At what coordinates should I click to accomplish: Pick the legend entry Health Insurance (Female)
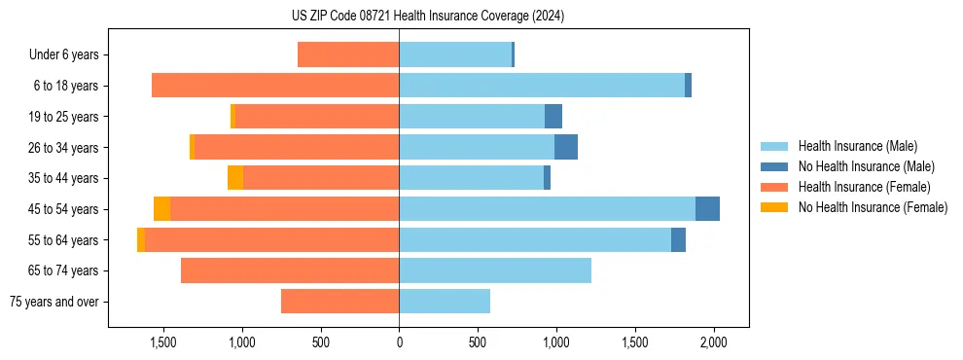coord(857,187)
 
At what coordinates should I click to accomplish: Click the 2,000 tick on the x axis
coord(714,342)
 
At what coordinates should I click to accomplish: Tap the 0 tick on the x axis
coord(399,342)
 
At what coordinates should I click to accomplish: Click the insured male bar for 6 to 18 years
coord(541,86)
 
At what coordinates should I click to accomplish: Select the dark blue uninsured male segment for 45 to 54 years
coord(707,209)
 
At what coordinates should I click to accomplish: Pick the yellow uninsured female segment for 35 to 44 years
coord(235,178)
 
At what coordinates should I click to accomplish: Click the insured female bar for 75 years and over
coord(339,302)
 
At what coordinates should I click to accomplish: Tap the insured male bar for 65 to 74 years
coord(494,270)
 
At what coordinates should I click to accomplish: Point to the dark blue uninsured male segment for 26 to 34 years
coord(566,147)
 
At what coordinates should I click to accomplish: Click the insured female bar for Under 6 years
coord(348,55)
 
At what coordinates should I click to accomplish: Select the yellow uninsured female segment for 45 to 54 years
coord(161,209)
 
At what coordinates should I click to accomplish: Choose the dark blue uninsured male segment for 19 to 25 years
coord(553,117)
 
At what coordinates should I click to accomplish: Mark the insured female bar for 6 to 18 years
coord(275,86)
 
